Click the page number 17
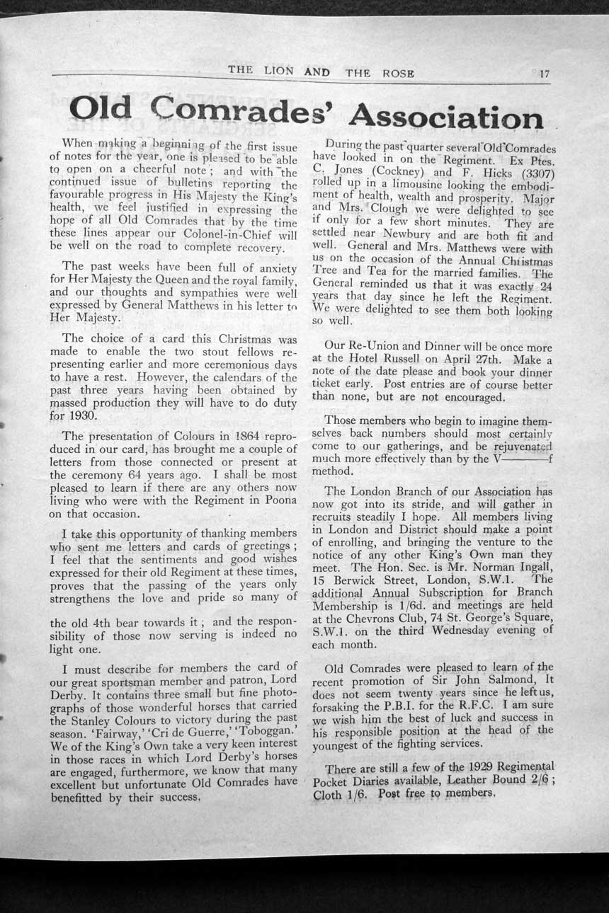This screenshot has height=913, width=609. tap(544, 72)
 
